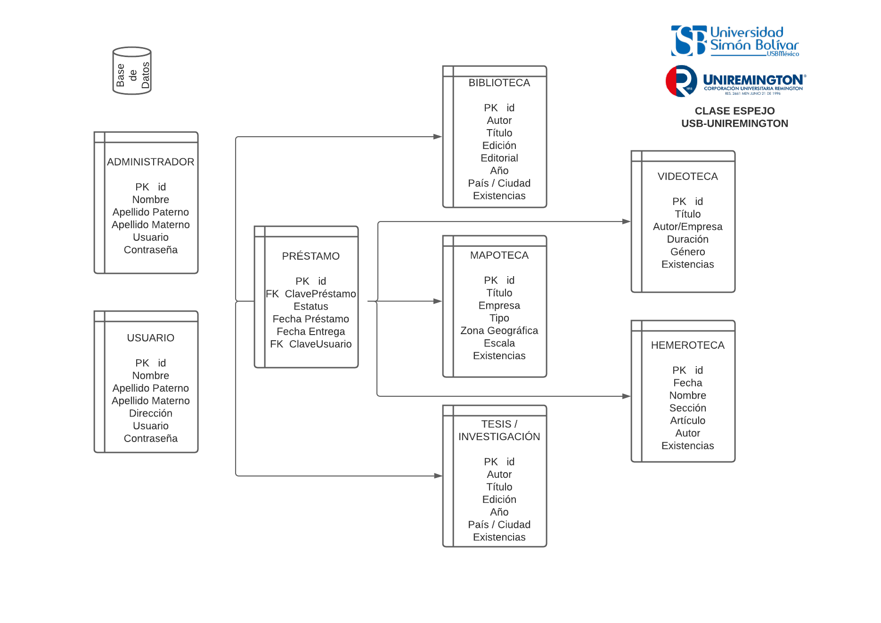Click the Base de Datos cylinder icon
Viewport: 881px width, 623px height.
tap(132, 71)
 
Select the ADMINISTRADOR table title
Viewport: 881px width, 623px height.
tap(150, 162)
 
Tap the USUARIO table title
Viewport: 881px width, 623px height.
tap(150, 338)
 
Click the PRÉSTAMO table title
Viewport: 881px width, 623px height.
tap(310, 256)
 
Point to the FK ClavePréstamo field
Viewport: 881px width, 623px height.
tap(311, 294)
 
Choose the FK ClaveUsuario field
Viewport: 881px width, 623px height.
tap(311, 344)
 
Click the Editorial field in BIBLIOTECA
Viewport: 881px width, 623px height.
tap(499, 158)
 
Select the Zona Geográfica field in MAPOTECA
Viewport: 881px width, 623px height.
tap(499, 331)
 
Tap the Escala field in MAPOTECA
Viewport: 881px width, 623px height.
tap(499, 344)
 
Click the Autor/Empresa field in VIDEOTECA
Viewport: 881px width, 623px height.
tap(687, 227)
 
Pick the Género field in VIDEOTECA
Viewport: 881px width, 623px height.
tap(687, 252)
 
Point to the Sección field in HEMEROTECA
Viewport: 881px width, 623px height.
tap(687, 408)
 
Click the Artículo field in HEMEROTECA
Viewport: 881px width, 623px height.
tap(687, 421)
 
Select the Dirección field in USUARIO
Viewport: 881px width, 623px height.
tap(150, 413)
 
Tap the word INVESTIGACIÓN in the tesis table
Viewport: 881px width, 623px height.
tap(499, 437)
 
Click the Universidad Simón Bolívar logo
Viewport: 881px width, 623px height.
tap(735, 41)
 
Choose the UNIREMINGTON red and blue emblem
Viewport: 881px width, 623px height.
tap(681, 81)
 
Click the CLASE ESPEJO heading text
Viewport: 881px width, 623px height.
tap(734, 111)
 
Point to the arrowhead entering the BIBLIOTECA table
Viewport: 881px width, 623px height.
tap(438, 137)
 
